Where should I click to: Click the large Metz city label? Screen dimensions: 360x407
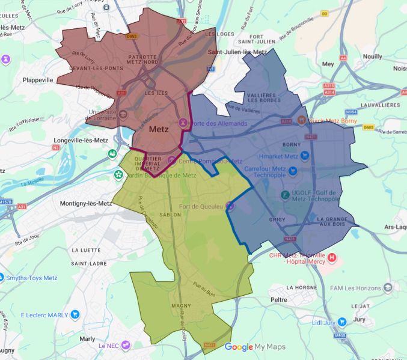[x=159, y=129]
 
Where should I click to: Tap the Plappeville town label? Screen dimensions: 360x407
[x=38, y=79]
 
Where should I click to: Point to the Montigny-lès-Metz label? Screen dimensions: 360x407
[x=86, y=204]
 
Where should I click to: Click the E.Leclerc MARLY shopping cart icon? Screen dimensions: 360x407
[x=75, y=314]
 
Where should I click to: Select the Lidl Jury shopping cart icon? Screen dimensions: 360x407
[x=341, y=322]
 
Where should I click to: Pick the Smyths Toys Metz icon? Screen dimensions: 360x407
[x=1, y=278]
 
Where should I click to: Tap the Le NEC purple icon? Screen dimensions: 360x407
[x=126, y=345]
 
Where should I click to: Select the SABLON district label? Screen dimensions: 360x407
[x=170, y=214]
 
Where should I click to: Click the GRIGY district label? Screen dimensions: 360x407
[x=278, y=220]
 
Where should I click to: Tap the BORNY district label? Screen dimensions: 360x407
[x=291, y=145]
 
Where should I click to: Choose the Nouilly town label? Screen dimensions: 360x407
[x=373, y=56]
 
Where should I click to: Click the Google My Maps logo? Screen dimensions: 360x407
[x=255, y=347]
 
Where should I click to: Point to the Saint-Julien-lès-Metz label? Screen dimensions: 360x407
[x=237, y=52]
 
